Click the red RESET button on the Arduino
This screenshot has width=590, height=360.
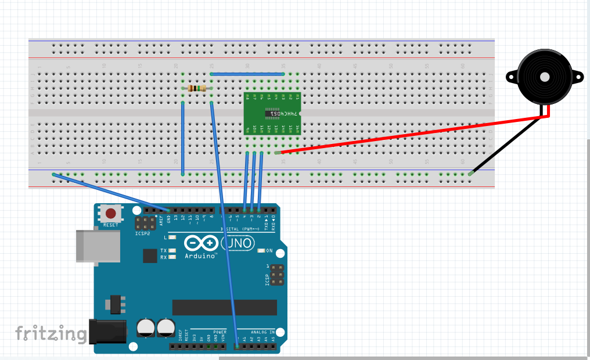(x=110, y=213)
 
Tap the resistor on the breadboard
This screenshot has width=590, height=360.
(x=197, y=88)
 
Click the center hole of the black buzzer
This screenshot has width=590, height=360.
(x=544, y=77)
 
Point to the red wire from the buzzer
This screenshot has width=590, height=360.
(x=406, y=135)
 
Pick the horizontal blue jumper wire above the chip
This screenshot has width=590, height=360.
(x=247, y=74)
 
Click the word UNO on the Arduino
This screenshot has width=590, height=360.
(x=239, y=243)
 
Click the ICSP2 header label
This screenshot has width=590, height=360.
(x=143, y=233)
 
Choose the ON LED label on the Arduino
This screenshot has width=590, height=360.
(x=269, y=251)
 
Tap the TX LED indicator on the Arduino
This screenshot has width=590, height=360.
(x=172, y=250)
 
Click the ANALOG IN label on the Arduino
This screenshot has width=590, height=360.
(x=270, y=332)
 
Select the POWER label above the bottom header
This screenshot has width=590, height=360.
(x=220, y=332)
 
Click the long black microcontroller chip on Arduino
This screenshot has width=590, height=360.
(x=224, y=307)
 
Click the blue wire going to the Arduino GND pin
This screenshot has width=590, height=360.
(x=110, y=191)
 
